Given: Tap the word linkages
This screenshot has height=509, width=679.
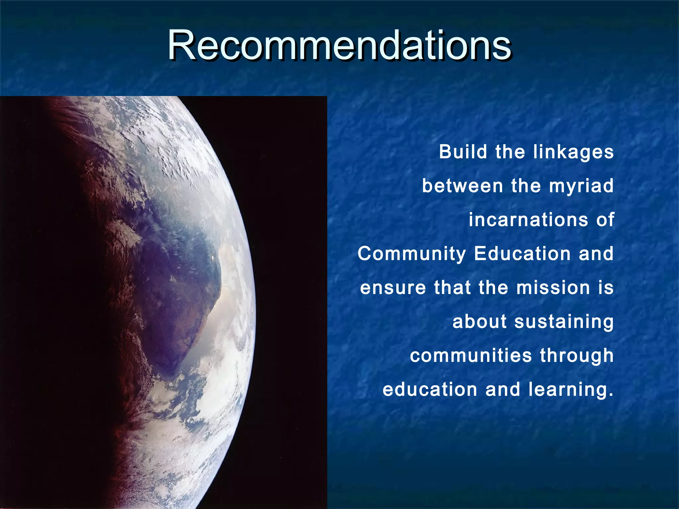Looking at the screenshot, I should click(x=573, y=152).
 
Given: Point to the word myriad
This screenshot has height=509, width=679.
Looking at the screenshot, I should click(x=581, y=186).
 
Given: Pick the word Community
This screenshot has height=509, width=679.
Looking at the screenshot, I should click(x=411, y=254).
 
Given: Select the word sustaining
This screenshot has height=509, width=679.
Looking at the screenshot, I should click(x=564, y=322).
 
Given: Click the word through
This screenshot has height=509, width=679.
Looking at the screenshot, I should click(x=577, y=356).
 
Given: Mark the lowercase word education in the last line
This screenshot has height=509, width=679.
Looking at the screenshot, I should click(x=430, y=389).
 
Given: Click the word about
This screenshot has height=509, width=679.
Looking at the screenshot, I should click(x=479, y=321).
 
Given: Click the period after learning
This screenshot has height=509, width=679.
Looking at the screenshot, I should click(x=611, y=395).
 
